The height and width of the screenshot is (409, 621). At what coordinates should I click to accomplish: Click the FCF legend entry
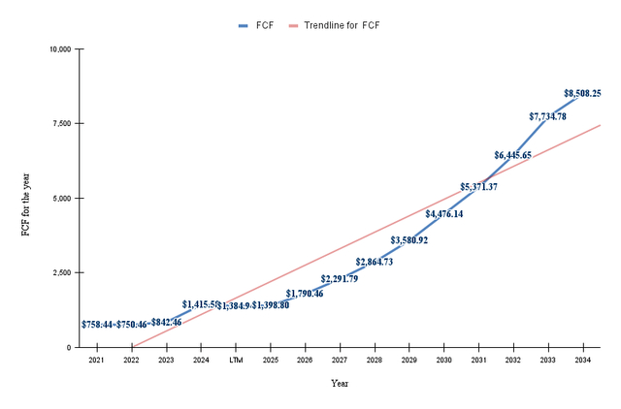pos(256,24)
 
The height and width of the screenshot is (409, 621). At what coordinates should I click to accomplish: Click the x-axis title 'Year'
pos(340,384)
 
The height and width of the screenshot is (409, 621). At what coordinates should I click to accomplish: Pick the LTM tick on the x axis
pos(236,361)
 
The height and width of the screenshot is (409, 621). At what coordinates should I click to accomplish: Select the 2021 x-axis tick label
pos(96,361)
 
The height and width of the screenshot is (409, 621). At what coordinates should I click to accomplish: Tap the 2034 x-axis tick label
pos(582,361)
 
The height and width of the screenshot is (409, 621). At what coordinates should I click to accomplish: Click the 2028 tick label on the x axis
pos(374,361)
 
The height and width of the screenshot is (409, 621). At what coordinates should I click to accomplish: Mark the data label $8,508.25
pos(582,94)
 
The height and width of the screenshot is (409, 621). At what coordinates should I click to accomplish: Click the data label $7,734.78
pos(547,116)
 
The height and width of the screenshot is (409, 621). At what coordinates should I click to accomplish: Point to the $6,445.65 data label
pos(512,155)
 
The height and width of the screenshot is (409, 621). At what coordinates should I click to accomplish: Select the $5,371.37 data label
pos(478,187)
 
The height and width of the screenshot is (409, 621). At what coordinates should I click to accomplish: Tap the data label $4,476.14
pos(443,214)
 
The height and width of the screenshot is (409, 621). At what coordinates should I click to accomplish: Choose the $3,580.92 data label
pos(409,240)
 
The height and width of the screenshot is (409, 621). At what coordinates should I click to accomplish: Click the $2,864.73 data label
pos(374,262)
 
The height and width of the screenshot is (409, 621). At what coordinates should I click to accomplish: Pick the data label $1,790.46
pos(305,294)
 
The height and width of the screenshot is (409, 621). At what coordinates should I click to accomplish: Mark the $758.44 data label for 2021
pos(96,325)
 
